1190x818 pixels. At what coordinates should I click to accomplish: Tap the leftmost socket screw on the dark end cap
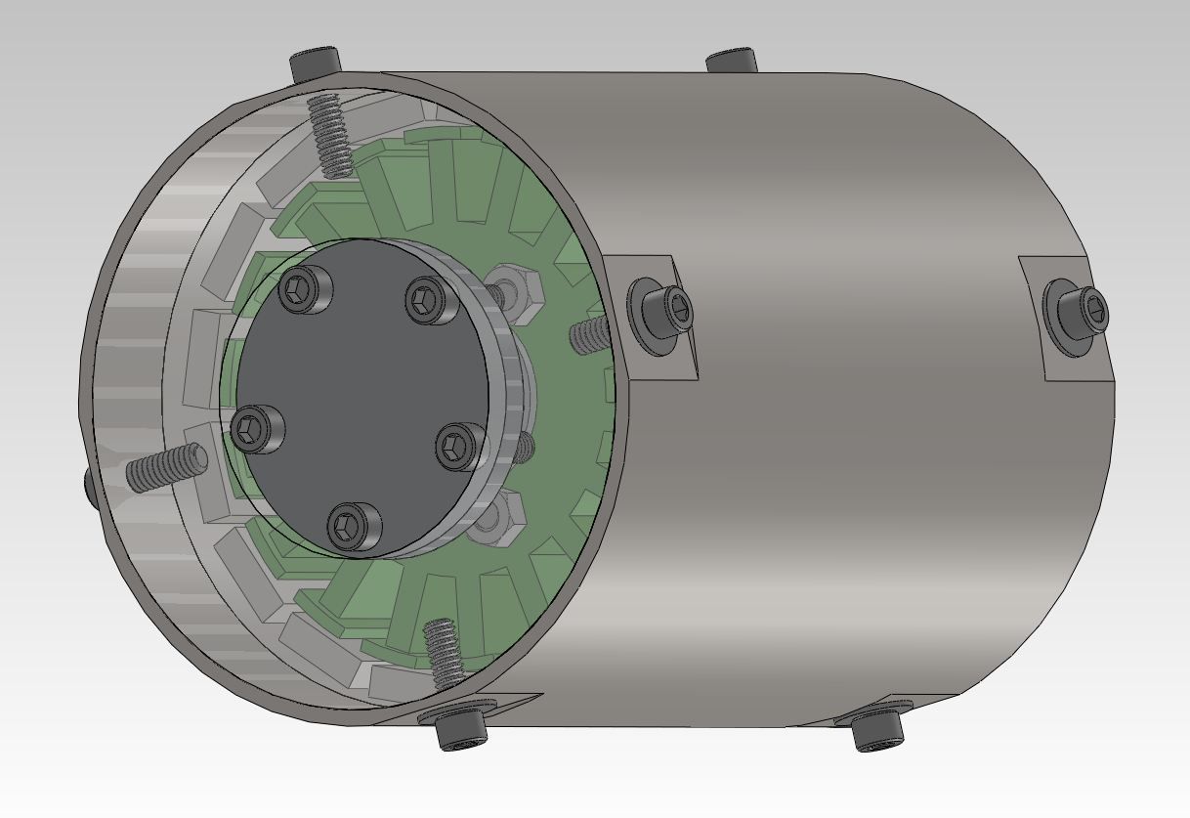pos(257,428)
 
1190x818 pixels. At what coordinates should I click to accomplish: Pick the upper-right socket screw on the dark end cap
pos(431,299)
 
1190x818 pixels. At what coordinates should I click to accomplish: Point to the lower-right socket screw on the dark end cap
pos(457,447)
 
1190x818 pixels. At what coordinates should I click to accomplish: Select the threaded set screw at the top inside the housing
pos(330,135)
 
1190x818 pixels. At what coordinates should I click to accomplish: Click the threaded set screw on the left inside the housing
pos(166,467)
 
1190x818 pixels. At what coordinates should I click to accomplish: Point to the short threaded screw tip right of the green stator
pos(589,335)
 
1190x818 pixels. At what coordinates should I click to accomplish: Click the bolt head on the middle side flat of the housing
pos(662,314)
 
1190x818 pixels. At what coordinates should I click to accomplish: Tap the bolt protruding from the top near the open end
pos(315,65)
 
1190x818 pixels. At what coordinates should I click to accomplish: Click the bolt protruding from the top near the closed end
pos(732,60)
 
